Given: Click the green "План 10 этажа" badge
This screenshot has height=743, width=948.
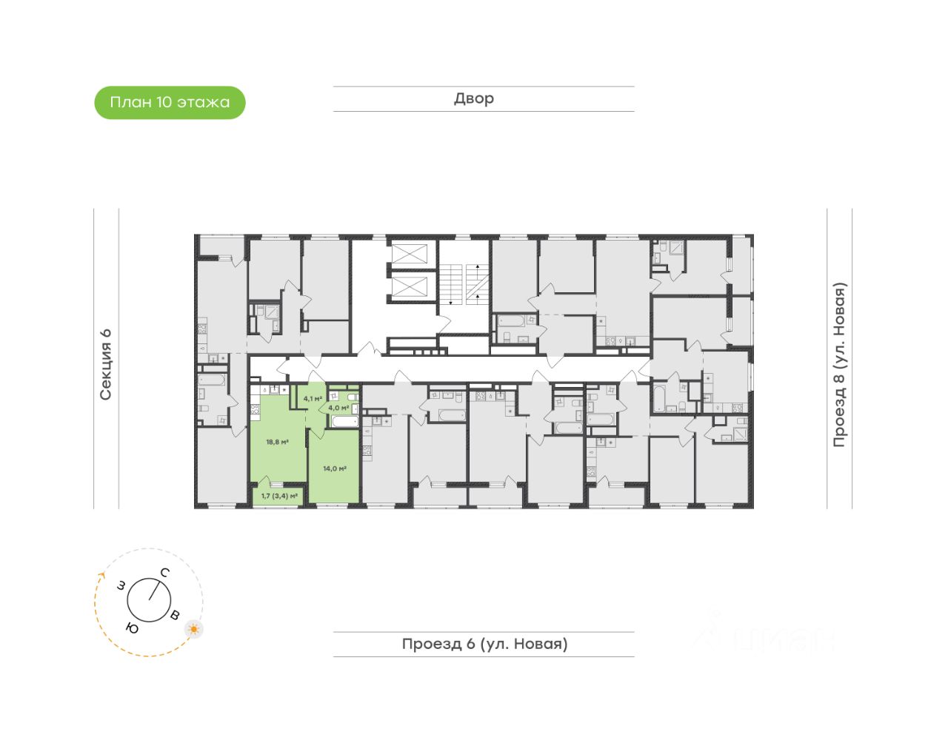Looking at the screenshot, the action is (170, 102).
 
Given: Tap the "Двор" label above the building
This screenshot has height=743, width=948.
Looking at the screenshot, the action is (474, 98).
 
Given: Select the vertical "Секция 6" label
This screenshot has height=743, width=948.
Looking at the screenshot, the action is (106, 364).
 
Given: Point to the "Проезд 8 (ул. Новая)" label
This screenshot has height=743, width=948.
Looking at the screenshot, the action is (839, 364).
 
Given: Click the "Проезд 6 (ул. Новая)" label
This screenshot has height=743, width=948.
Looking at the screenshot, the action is (484, 644).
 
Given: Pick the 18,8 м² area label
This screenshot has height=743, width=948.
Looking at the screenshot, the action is (277, 442).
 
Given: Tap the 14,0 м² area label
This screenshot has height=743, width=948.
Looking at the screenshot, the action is (335, 468).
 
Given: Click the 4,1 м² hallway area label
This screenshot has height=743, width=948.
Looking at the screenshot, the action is (313, 399).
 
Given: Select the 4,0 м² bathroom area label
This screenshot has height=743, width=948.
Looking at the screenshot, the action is (338, 408).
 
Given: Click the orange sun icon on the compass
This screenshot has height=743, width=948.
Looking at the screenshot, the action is (194, 629).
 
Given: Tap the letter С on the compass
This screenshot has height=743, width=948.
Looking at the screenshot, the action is (165, 572).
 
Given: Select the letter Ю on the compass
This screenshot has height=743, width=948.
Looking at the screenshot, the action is (133, 628).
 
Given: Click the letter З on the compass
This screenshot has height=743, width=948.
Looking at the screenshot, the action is (120, 586).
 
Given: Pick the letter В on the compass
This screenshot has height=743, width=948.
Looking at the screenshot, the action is (175, 616).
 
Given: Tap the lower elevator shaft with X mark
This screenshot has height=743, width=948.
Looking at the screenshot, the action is (410, 286).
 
